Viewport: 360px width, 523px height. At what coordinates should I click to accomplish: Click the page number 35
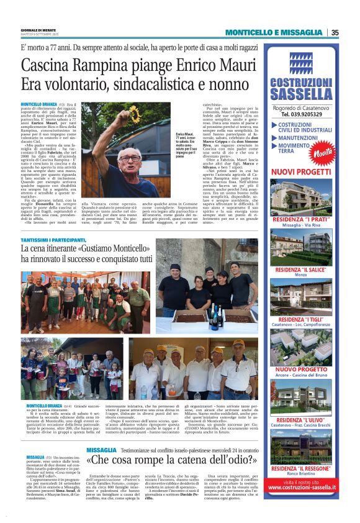(335, 32)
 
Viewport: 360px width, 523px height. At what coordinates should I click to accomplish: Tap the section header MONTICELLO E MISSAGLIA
(274, 32)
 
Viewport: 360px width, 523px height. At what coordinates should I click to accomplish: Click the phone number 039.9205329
(302, 114)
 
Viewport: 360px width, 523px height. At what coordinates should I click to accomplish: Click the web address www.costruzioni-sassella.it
(302, 488)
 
